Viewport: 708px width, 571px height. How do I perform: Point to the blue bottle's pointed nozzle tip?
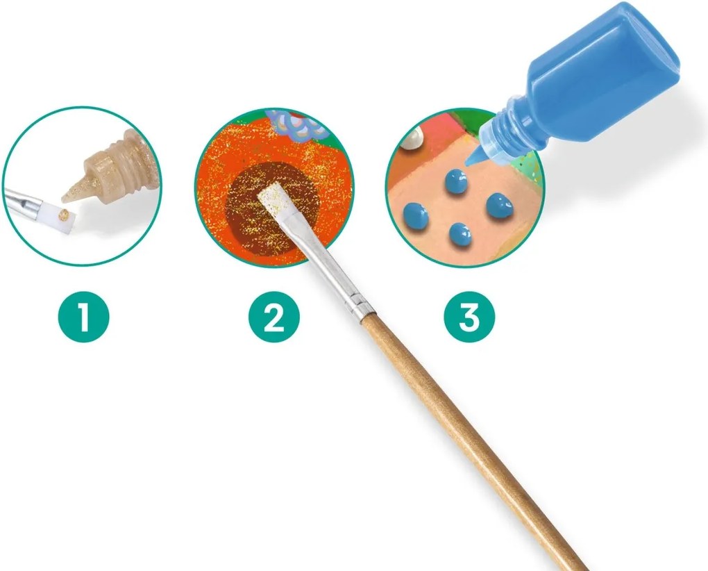coord(470,162)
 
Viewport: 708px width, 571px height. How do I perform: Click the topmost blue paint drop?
coord(455,181)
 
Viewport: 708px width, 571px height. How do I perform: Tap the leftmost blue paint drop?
coord(415,216)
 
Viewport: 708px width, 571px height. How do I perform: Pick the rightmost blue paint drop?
coord(498,206)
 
